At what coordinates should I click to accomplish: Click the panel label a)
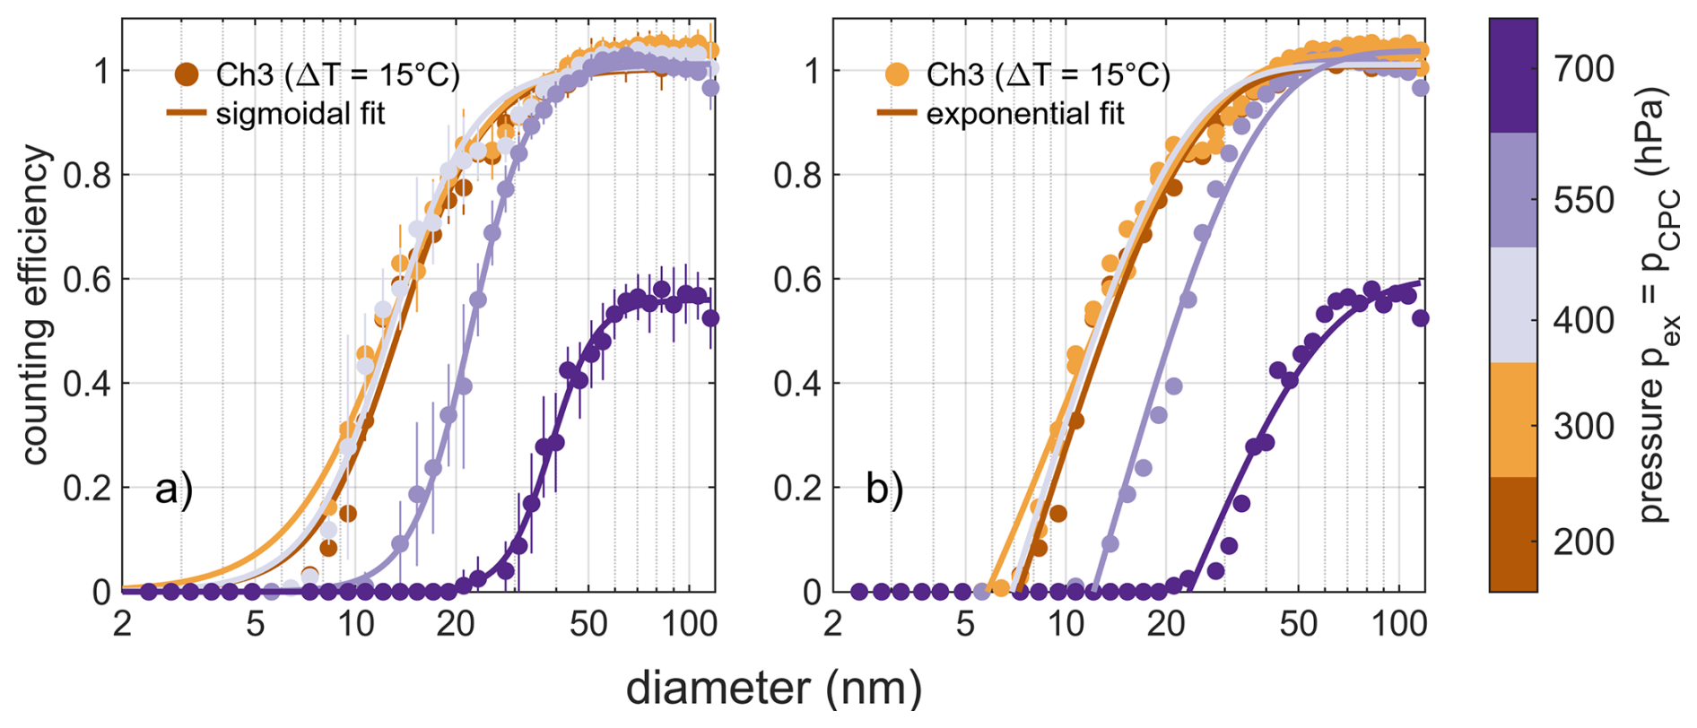coord(173,490)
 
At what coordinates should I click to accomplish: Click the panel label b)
coord(883,490)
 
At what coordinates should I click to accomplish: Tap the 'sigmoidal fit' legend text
coord(300,115)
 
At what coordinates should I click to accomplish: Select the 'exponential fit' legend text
coord(1024,115)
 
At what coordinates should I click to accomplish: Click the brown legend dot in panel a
coord(187,74)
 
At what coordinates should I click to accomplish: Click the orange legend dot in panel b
coord(898,74)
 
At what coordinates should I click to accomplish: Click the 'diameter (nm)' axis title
coord(773,689)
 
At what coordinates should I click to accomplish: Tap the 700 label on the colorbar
coord(1583,69)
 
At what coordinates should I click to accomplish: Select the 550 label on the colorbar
coord(1583,201)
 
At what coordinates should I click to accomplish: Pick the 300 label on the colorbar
coord(1583,426)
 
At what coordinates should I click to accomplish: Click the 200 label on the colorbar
coord(1583,542)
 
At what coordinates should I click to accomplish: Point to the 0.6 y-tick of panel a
coord(86,280)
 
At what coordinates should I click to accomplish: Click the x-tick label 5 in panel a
coord(256,623)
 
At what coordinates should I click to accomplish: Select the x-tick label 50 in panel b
coord(1298,623)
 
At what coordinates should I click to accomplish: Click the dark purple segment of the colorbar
coord(1513,76)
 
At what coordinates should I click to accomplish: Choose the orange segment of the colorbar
coord(1513,419)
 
